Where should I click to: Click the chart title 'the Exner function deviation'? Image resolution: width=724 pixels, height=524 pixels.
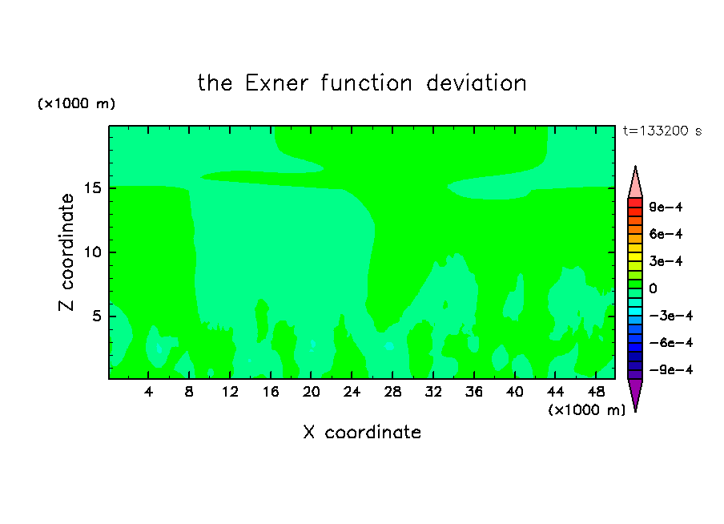click(x=362, y=83)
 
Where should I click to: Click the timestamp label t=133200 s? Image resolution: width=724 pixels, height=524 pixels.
click(x=662, y=131)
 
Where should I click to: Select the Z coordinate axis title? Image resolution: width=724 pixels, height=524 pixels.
click(x=66, y=252)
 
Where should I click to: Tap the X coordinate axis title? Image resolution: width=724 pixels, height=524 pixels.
click(x=362, y=432)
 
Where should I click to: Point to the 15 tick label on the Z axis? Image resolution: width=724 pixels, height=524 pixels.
click(x=93, y=188)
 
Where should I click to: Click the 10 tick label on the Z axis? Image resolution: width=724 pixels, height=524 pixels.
click(x=93, y=252)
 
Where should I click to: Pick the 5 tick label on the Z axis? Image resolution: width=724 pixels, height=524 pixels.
click(x=96, y=316)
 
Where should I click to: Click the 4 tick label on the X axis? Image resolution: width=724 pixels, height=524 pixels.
click(x=148, y=392)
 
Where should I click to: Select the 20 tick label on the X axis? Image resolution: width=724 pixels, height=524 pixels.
click(x=312, y=392)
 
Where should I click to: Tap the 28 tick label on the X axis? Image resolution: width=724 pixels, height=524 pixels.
click(x=392, y=392)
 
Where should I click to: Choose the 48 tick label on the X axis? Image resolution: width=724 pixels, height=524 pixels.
click(x=596, y=392)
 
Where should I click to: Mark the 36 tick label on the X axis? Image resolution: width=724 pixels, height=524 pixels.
click(x=474, y=392)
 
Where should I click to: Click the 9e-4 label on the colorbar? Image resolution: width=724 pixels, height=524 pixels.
click(x=666, y=207)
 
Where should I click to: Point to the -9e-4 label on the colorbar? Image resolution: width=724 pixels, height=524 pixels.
click(x=671, y=369)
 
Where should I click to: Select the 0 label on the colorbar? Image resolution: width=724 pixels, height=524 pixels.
click(x=653, y=288)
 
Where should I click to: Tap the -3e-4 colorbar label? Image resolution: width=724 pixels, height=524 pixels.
click(x=671, y=316)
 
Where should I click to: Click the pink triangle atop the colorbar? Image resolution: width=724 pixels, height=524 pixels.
click(x=635, y=182)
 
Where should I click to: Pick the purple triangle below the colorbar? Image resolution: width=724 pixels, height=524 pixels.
click(x=635, y=394)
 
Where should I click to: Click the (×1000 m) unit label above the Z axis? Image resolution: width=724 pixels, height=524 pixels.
click(x=76, y=103)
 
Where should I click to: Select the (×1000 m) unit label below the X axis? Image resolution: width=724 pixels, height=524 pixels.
click(x=586, y=410)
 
